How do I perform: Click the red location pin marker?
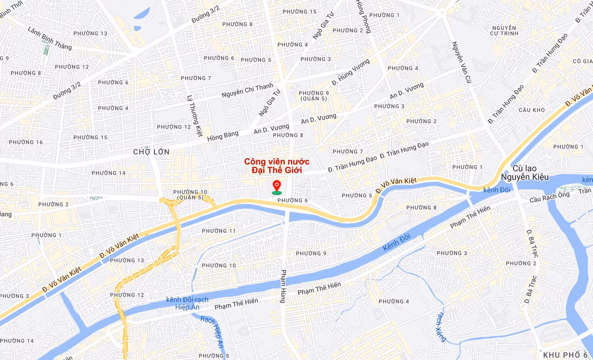pyautogui.click(x=277, y=186)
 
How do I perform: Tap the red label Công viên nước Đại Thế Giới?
pyautogui.click(x=277, y=166)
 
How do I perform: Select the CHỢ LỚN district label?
pyautogui.click(x=151, y=152)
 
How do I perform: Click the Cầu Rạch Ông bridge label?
pyautogui.click(x=549, y=197)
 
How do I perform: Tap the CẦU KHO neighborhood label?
pyautogui.click(x=531, y=110)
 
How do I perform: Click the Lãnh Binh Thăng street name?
pyautogui.click(x=49, y=38)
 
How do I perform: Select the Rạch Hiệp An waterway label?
pyautogui.click(x=213, y=330)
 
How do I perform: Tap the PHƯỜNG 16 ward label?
pyautogui.click(x=26, y=142)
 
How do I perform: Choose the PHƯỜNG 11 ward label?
pyautogui.click(x=219, y=231)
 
